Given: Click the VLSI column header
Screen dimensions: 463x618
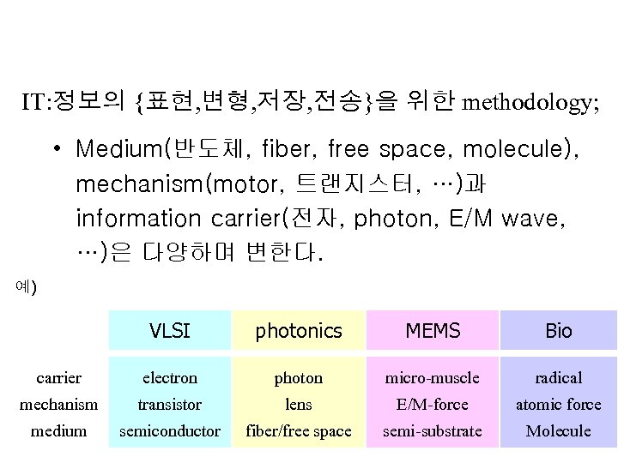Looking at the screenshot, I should click(169, 331).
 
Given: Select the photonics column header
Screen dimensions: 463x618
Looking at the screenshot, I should click(299, 331).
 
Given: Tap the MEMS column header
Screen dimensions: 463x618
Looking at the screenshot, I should click(433, 331).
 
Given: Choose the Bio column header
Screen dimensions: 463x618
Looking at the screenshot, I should click(559, 331).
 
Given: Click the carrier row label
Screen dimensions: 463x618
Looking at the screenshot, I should click(59, 377).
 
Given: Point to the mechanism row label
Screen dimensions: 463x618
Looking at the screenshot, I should click(59, 404).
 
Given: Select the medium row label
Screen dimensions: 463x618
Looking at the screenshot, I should click(59, 430).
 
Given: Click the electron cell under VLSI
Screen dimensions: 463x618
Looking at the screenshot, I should click(169, 377).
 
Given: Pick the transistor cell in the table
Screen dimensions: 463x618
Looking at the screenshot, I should click(169, 404).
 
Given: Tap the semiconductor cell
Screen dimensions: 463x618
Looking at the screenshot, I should click(169, 430).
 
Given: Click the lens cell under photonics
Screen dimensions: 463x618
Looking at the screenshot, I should click(299, 404).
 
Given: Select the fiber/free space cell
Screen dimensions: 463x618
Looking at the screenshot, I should click(299, 430).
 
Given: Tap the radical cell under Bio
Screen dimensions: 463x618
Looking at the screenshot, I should click(559, 377).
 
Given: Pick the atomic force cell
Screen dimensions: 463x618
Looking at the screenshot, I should click(559, 404).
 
